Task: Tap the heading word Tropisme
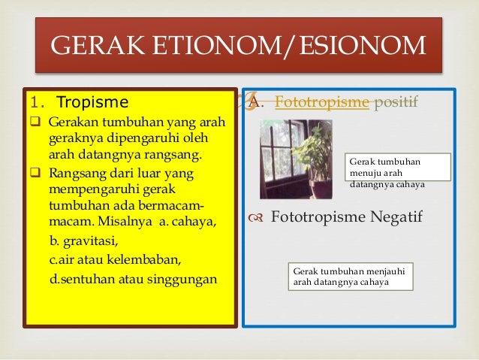(92, 101)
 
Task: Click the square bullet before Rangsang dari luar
(35, 174)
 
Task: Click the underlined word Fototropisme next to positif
(322, 102)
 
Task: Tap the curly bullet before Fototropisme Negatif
(256, 219)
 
